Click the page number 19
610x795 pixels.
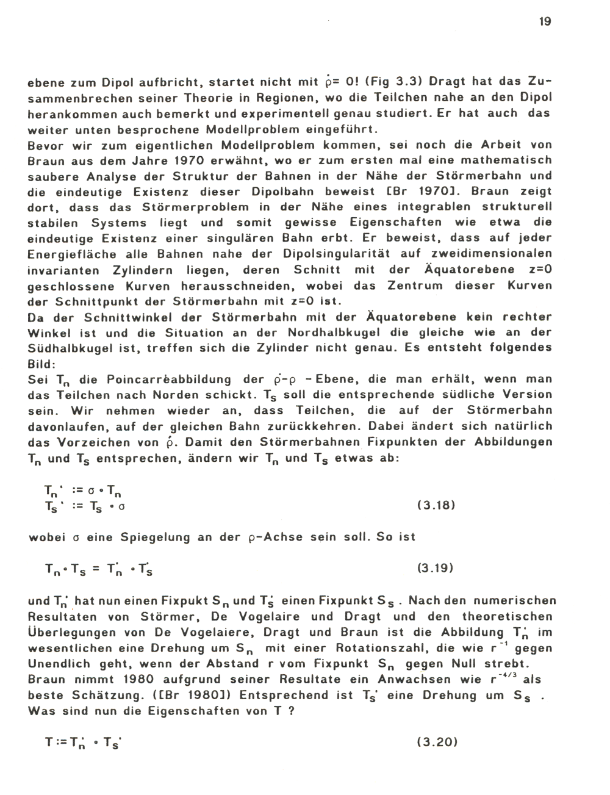(x=545, y=22)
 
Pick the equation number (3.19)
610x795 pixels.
(x=436, y=569)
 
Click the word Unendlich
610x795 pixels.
(x=59, y=664)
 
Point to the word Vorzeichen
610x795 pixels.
(x=95, y=442)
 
